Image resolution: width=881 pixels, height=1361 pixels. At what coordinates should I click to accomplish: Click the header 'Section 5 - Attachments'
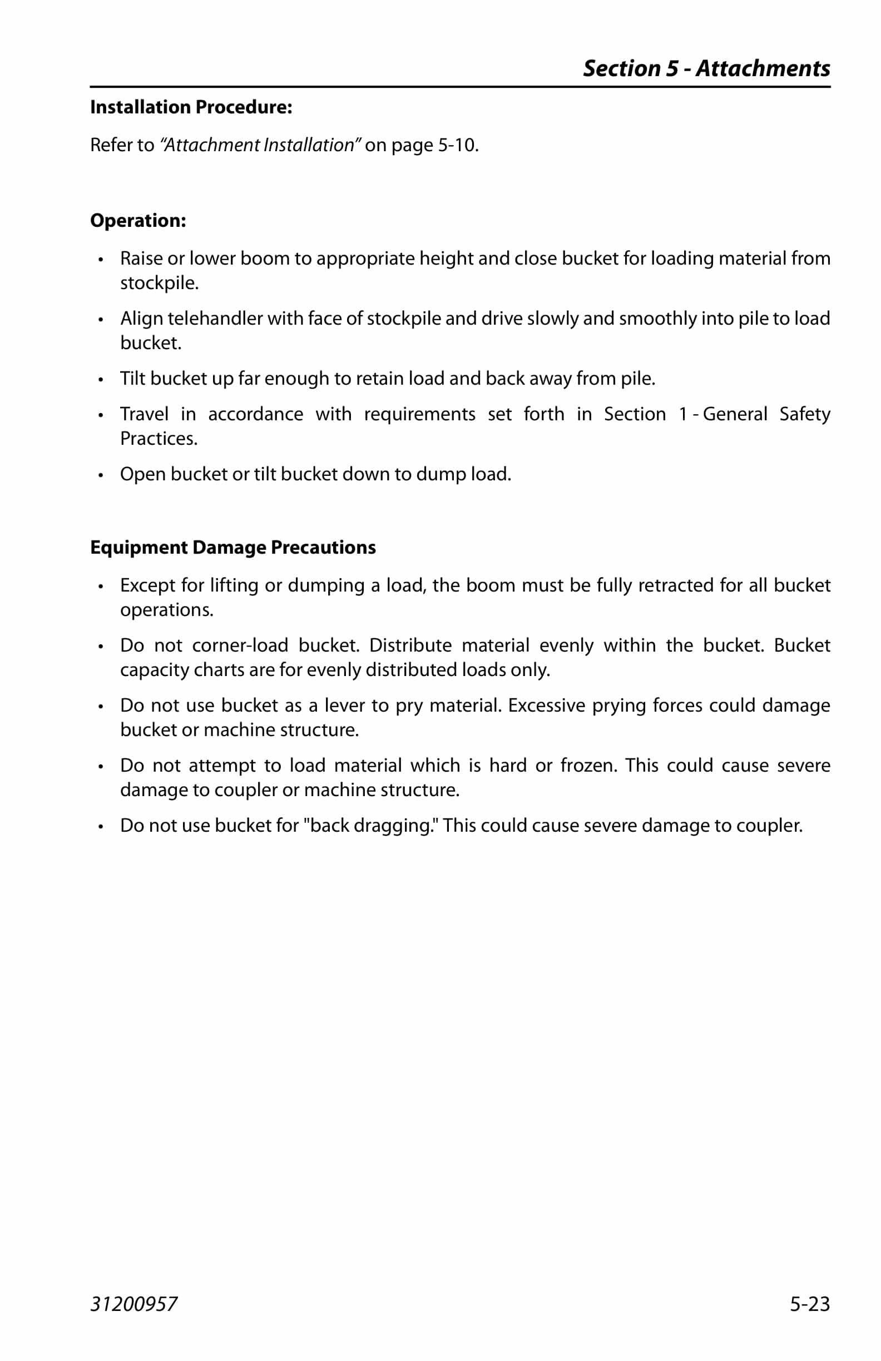(x=706, y=68)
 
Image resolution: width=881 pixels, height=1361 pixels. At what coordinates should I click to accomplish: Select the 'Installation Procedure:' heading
(x=191, y=107)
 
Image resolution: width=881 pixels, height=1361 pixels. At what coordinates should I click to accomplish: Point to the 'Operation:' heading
(x=138, y=221)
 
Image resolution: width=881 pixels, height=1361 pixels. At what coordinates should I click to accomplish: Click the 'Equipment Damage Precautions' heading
(x=233, y=547)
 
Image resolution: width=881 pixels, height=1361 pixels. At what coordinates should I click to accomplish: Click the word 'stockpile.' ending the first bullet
(x=159, y=283)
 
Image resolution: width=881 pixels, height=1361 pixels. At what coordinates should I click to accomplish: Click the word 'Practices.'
(x=159, y=439)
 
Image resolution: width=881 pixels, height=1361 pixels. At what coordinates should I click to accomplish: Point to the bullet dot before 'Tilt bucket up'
(x=101, y=380)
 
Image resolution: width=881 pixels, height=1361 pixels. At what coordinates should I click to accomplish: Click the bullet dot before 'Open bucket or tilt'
(x=101, y=475)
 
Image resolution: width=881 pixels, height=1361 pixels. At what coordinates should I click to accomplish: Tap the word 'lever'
(x=344, y=706)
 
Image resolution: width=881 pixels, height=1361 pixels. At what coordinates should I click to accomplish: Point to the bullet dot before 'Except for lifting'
(x=101, y=586)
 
